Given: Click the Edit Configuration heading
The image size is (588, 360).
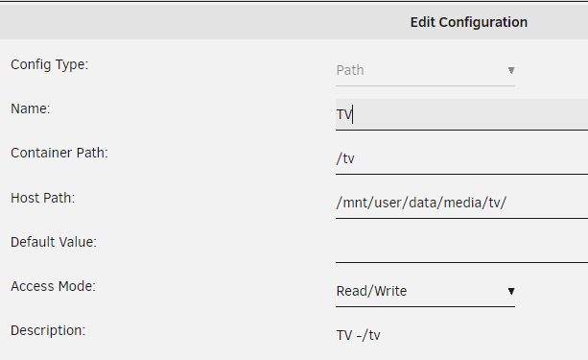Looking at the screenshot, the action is (x=469, y=22).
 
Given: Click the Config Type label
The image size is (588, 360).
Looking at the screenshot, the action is (x=50, y=65).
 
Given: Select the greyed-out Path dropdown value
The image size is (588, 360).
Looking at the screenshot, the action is (x=350, y=70).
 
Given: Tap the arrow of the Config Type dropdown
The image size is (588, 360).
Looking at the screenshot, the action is (x=511, y=70).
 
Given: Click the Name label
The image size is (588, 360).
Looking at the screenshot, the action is (x=31, y=108).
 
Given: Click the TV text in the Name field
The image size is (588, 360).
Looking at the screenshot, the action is (x=344, y=114).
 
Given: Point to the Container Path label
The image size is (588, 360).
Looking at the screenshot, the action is (x=59, y=154).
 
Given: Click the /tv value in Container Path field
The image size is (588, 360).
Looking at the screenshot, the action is (x=345, y=158).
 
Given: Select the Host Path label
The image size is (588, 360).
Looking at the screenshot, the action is (x=43, y=198).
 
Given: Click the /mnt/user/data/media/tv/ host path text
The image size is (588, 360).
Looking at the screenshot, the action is (x=421, y=203).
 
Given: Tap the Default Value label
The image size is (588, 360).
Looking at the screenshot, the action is (x=54, y=242).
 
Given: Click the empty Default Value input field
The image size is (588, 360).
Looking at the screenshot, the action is (x=461, y=247).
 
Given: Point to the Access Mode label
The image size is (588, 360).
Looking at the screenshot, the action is (x=54, y=286).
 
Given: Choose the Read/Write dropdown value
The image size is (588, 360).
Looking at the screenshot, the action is (x=371, y=291).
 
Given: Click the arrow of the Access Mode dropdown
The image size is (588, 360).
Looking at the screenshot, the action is (x=511, y=291).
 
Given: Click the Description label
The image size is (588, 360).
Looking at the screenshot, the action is (x=48, y=330).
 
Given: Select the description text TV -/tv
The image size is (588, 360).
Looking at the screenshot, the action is (x=358, y=335).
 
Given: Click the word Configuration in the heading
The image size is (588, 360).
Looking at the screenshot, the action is (x=483, y=23).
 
